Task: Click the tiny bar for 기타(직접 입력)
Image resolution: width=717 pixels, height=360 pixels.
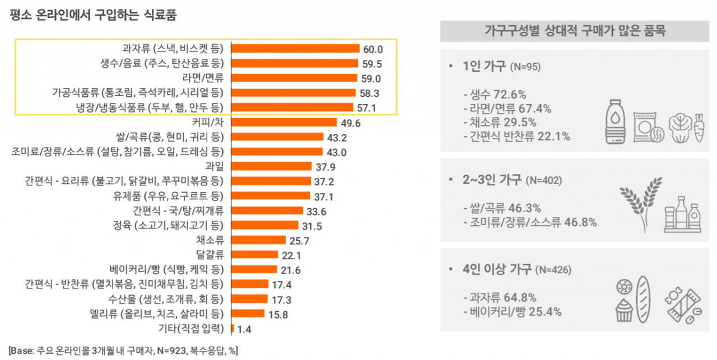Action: pyautogui.click(x=232, y=328)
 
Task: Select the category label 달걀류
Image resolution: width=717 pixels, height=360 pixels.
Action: pyautogui.click(x=212, y=255)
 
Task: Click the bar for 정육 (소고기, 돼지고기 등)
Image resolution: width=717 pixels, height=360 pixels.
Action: pyautogui.click(x=264, y=226)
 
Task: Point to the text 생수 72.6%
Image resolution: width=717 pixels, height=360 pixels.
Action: pyautogui.click(x=494, y=94)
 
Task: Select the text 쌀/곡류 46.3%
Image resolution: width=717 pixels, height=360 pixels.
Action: pyautogui.click(x=502, y=208)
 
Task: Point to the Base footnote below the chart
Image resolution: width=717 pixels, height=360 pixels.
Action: pyautogui.click(x=123, y=350)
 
